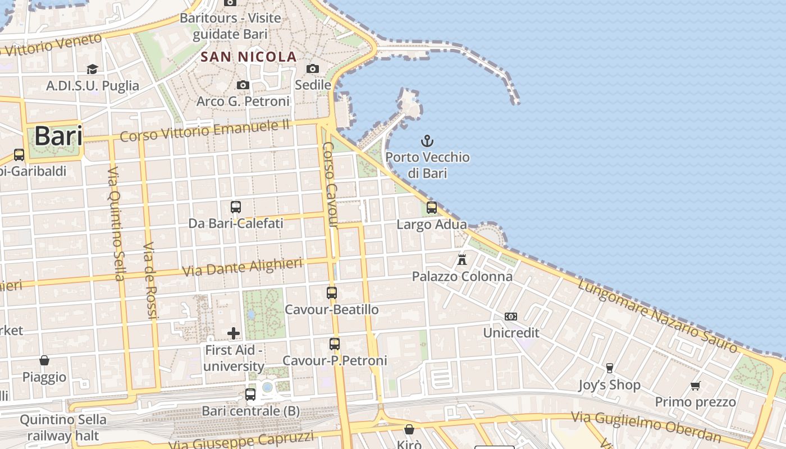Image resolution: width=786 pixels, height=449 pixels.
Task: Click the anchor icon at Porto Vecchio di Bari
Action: pyautogui.click(x=428, y=140)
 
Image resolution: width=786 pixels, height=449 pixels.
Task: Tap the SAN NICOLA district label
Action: pyautogui.click(x=249, y=57)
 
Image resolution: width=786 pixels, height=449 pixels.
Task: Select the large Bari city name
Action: pyautogui.click(x=58, y=136)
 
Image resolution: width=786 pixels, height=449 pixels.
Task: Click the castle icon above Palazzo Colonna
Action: pyautogui.click(x=462, y=259)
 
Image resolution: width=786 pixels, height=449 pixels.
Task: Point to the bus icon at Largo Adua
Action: pyautogui.click(x=432, y=208)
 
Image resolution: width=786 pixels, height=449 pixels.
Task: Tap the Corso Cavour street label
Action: pyautogui.click(x=330, y=185)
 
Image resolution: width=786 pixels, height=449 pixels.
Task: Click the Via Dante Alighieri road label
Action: pyautogui.click(x=243, y=267)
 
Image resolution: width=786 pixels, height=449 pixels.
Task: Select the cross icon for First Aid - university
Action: pyautogui.click(x=234, y=333)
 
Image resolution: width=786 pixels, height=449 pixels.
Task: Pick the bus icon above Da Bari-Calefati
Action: pyautogui.click(x=236, y=207)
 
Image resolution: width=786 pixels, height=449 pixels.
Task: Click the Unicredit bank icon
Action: pyautogui.click(x=511, y=317)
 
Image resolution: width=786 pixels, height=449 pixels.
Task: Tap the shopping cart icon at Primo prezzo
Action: pyautogui.click(x=696, y=386)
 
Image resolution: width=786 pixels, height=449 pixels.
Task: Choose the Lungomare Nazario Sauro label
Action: pyautogui.click(x=657, y=317)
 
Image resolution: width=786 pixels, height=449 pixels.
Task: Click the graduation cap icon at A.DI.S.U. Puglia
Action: pyautogui.click(x=92, y=69)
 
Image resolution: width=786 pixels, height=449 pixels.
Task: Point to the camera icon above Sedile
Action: pyautogui.click(x=313, y=68)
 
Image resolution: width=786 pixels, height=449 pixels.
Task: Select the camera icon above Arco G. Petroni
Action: pyautogui.click(x=243, y=85)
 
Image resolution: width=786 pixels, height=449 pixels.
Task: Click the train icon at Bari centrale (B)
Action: pyautogui.click(x=250, y=395)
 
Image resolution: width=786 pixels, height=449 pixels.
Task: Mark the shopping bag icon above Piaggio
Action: pyautogui.click(x=44, y=360)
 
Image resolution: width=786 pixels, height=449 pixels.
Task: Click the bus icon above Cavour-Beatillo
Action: pyautogui.click(x=332, y=293)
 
